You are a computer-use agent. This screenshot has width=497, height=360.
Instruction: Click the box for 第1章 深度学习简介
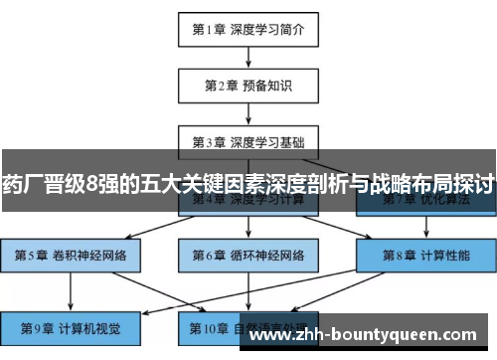tap(248, 30)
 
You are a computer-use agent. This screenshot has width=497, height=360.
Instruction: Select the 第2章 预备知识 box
tap(248, 86)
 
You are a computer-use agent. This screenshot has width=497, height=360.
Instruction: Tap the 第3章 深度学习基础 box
tap(248, 142)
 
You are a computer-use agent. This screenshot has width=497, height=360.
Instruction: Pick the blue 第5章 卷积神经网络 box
tap(70, 255)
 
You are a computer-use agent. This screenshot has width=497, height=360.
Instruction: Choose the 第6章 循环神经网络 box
tap(248, 255)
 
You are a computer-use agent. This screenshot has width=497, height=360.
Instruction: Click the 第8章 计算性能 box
tap(426, 255)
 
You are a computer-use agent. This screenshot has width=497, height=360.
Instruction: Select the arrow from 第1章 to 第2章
tap(248, 58)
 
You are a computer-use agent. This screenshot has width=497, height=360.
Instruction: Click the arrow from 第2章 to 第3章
tap(248, 114)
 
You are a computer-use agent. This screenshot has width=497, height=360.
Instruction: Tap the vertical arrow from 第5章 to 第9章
tap(70, 289)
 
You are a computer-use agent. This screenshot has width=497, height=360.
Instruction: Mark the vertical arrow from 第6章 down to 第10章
tap(248, 289)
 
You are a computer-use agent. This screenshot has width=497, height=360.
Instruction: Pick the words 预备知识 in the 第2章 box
tap(265, 86)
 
